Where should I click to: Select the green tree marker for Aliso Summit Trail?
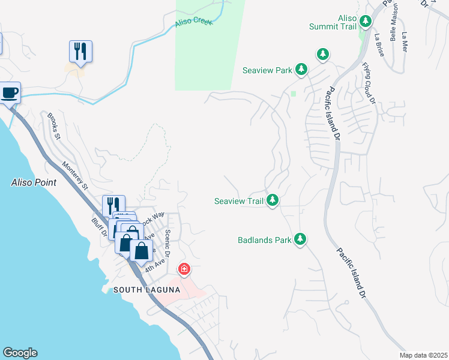[366, 22]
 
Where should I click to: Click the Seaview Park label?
[267, 70]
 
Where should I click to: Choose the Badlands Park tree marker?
[300, 239]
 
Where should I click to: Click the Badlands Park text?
[264, 241]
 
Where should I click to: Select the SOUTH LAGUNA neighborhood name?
[146, 290]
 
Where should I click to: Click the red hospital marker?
[184, 269]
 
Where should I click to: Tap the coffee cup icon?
[10, 93]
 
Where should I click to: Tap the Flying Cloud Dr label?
[368, 83]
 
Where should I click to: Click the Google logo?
[20, 353]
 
